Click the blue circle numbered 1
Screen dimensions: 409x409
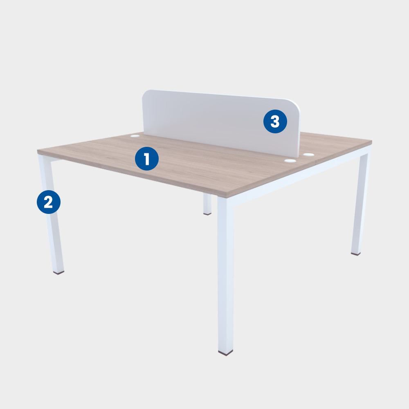[147, 159]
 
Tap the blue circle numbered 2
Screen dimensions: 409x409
[49, 202]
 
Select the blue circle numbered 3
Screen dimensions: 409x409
[275, 121]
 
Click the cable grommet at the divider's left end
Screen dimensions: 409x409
[135, 136]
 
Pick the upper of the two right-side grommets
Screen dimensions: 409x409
[308, 155]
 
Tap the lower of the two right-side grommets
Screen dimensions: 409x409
[290, 161]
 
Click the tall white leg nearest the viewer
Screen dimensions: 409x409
[226, 274]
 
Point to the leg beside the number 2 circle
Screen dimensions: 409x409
[51, 214]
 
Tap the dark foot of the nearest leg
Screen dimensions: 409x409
[226, 353]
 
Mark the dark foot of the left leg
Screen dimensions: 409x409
[58, 272]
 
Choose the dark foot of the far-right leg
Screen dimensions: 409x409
[356, 254]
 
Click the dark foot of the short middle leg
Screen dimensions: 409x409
[207, 214]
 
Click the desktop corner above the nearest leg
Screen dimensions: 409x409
[226, 196]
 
